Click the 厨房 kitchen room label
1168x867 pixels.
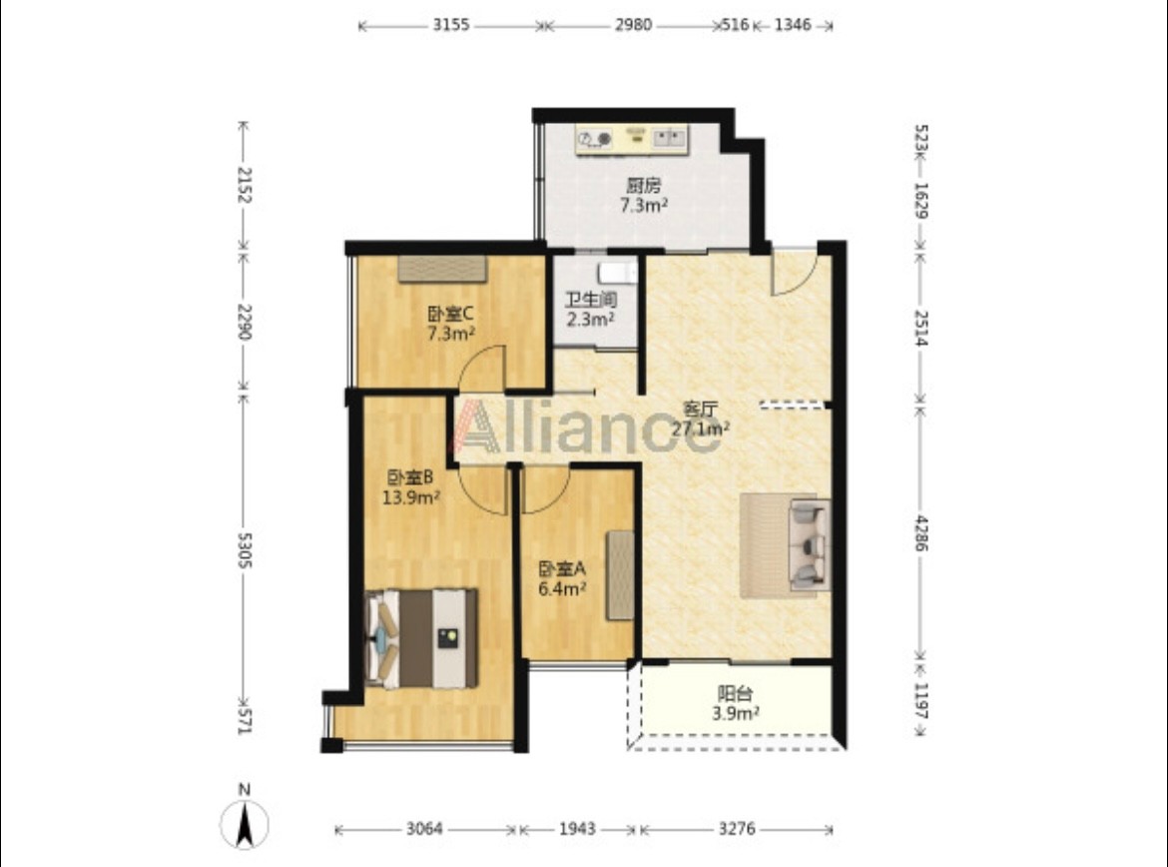tap(643, 185)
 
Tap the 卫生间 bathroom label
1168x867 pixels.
tap(591, 300)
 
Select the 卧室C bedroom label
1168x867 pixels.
tap(450, 314)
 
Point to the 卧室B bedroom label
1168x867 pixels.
tap(410, 477)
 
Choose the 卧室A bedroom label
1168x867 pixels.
tap(562, 568)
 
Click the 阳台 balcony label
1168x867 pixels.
tap(735, 694)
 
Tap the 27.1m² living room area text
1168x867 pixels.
tap(700, 429)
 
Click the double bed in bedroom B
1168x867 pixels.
tap(422, 639)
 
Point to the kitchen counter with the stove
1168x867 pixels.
tap(633, 140)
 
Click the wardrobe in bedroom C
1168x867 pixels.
tap(442, 269)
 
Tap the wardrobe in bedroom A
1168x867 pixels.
tap(620, 575)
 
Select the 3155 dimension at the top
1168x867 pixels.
tap(451, 25)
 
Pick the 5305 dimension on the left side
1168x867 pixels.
tap(244, 549)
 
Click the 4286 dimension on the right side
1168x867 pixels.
tap(921, 533)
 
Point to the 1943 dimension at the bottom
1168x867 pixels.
tap(577, 829)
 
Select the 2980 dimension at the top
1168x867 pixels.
tap(633, 25)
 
